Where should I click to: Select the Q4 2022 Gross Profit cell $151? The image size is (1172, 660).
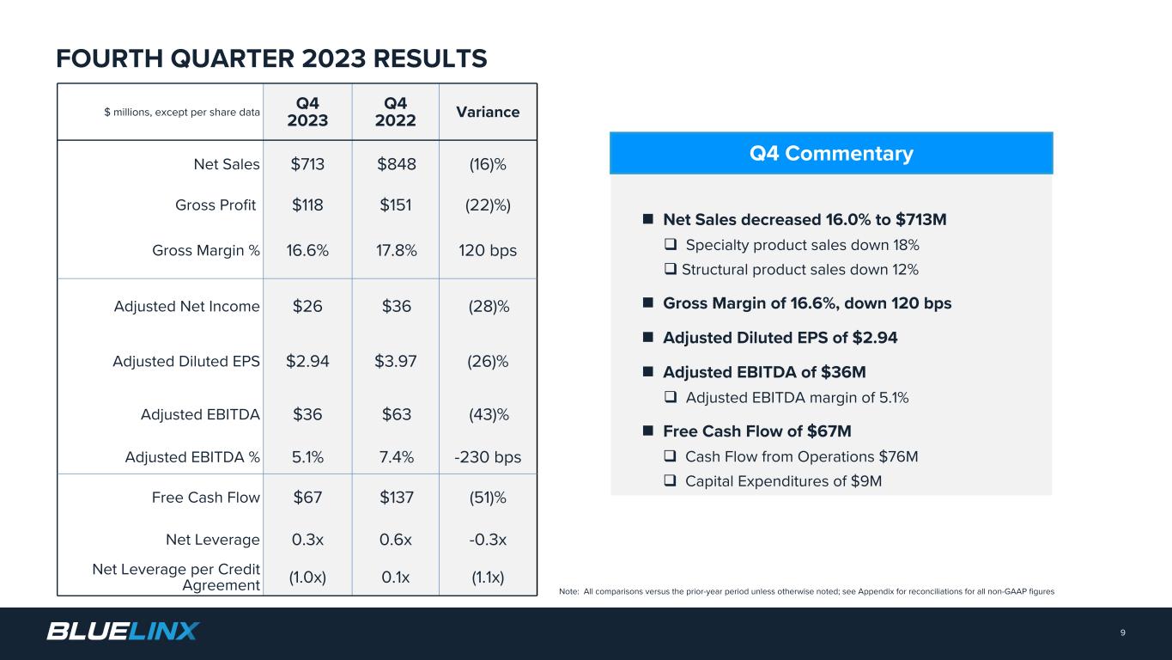pos(395,205)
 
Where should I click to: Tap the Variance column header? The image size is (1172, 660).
pos(488,112)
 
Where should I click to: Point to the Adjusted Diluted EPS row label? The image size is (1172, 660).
pos(186,362)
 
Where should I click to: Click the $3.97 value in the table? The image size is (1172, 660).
pos(395,362)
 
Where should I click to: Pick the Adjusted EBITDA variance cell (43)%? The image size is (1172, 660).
pos(488,414)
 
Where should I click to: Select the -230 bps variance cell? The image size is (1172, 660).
pos(488,457)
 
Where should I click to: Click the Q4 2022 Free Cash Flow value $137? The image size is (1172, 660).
pos(395,498)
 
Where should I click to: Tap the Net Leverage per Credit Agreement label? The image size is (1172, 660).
pos(176,577)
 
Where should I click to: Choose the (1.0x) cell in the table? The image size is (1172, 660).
pos(307,577)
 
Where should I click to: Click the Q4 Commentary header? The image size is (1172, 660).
pos(830,154)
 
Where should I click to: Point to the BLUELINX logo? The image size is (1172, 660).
pos(123,632)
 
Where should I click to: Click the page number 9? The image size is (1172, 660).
pos(1122,633)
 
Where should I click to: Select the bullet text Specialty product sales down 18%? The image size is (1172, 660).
pos(802,245)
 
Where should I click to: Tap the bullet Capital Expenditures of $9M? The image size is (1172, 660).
pos(783,481)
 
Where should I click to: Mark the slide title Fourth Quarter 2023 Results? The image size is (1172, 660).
pos(271,58)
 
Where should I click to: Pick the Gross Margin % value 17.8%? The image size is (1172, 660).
pos(395,250)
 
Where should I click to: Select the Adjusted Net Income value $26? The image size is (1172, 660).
pos(307,306)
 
